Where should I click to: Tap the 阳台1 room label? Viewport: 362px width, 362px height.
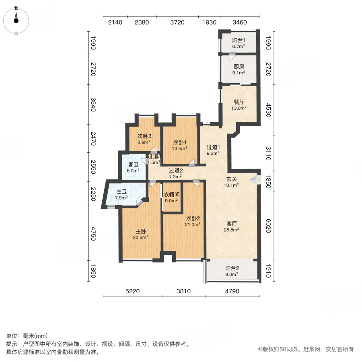pyautogui.click(x=239, y=43)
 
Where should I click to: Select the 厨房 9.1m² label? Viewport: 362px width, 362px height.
pyautogui.click(x=239, y=70)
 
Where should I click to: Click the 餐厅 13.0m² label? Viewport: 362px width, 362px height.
pyautogui.click(x=239, y=105)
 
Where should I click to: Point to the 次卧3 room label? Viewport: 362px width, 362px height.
pyautogui.click(x=144, y=138)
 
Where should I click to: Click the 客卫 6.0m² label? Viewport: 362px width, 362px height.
pyautogui.click(x=134, y=167)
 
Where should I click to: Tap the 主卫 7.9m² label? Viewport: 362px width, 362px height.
pyautogui.click(x=121, y=194)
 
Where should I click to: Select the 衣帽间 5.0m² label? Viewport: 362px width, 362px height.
pyautogui.click(x=171, y=197)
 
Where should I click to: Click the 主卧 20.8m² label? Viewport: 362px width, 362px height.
pyautogui.click(x=141, y=234)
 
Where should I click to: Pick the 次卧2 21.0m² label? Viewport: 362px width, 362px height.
pyautogui.click(x=193, y=221)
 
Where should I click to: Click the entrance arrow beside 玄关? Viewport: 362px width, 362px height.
pyautogui.click(x=254, y=181)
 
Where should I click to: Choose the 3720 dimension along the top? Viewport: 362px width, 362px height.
pyautogui.click(x=177, y=22)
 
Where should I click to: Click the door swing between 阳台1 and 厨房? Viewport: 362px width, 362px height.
pyautogui.click(x=232, y=56)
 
